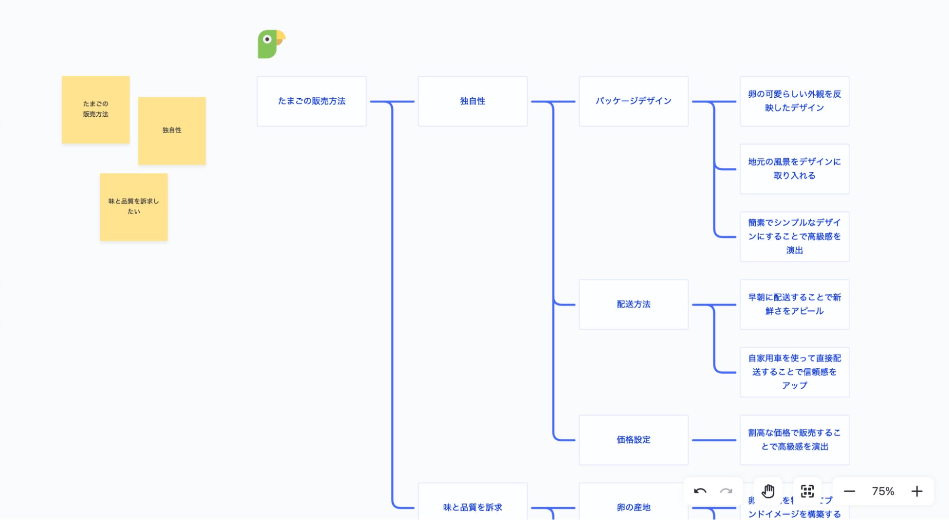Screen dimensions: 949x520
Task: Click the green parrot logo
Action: coord(271,44)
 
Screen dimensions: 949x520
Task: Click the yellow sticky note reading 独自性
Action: coord(172,130)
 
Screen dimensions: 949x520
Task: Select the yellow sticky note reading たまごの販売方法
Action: coord(95,109)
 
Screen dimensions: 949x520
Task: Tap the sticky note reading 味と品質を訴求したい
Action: coord(134,207)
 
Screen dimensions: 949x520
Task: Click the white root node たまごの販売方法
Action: coord(311,101)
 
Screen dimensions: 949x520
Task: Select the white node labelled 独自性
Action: coord(473,101)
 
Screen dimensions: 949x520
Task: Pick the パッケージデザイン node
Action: coord(633,101)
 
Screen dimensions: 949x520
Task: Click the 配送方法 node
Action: coord(633,305)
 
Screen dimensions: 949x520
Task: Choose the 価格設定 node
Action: coord(633,440)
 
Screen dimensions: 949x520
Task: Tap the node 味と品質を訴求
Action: coord(473,506)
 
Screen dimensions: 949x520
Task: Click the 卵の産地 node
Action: coord(633,506)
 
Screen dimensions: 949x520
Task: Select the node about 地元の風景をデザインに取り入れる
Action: coord(794,169)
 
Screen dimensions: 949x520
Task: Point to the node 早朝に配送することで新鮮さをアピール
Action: coord(794,305)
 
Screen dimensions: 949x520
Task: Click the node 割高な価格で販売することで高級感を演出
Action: coord(794,440)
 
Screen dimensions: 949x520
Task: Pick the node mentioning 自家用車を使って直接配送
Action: coord(794,372)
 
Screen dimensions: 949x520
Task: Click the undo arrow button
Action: coord(700,491)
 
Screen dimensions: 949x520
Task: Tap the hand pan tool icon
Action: coord(768,491)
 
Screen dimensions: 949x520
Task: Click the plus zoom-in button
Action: coord(917,491)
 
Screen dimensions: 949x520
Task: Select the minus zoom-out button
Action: coord(849,491)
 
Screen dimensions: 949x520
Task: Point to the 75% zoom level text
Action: coord(883,491)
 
